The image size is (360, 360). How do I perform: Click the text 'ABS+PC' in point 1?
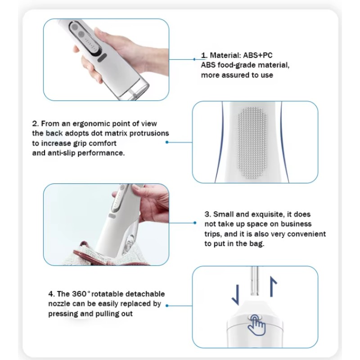(x=257, y=55)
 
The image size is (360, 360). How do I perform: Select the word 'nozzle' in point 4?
(x=59, y=304)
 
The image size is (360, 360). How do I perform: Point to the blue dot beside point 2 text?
(x=167, y=142)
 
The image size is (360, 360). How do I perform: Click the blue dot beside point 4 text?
(x=167, y=306)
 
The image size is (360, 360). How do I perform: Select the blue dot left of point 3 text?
(x=194, y=223)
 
